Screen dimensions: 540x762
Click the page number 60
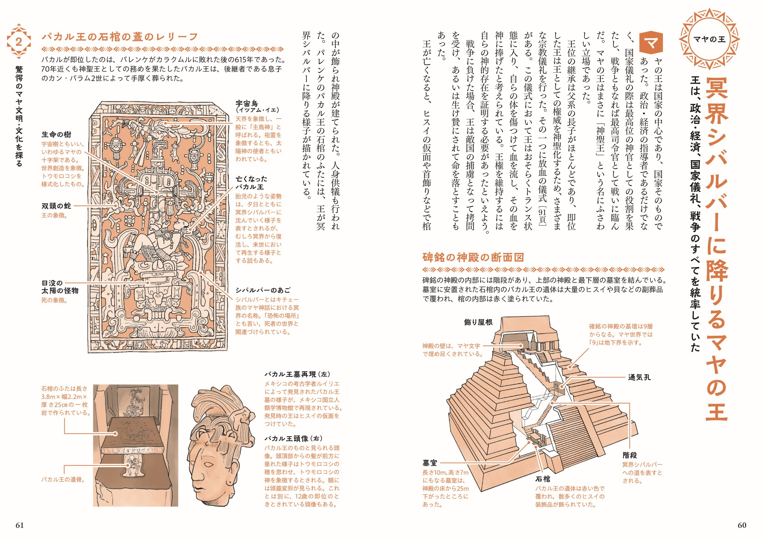[742, 525]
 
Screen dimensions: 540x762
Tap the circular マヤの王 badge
[709, 39]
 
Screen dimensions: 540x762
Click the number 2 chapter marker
[19, 42]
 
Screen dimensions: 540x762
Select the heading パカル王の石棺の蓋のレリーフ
[120, 37]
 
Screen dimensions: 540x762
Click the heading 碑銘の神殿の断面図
[473, 257]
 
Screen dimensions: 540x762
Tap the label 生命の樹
[56, 135]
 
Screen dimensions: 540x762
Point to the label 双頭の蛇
[56, 206]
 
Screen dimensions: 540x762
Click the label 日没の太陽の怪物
[60, 287]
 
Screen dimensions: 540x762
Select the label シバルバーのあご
[263, 290]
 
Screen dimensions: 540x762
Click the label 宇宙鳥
[247, 103]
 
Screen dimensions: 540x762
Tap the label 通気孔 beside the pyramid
[639, 377]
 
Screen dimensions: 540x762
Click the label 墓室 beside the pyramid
[430, 462]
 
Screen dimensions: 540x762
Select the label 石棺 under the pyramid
[543, 479]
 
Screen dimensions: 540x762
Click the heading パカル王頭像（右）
[294, 439]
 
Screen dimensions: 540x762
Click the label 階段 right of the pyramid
[630, 455]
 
